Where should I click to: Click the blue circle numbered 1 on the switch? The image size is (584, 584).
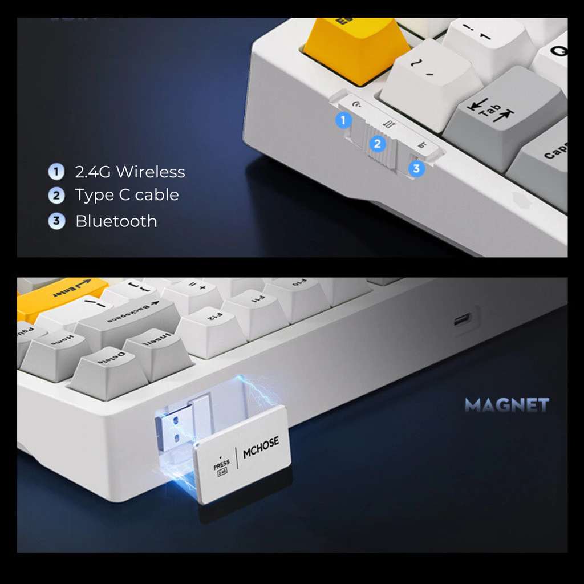coord(343,120)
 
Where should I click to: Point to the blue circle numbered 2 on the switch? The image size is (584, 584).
coord(377,144)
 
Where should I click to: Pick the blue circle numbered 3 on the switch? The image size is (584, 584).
coord(417,168)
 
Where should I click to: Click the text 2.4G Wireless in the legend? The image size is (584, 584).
coord(129,172)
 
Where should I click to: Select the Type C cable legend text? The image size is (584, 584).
coord(127,195)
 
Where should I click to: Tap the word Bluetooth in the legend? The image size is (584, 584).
coord(116,221)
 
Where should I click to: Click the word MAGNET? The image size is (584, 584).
coord(506,405)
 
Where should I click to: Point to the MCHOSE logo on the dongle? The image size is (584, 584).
coord(261,447)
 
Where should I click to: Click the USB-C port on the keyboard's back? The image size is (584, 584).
coord(461,320)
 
